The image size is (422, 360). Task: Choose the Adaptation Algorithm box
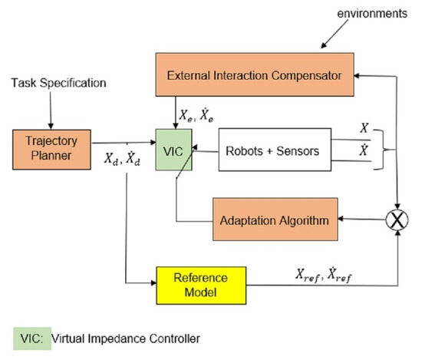(274, 221)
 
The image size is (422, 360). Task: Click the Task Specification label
(50, 81)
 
